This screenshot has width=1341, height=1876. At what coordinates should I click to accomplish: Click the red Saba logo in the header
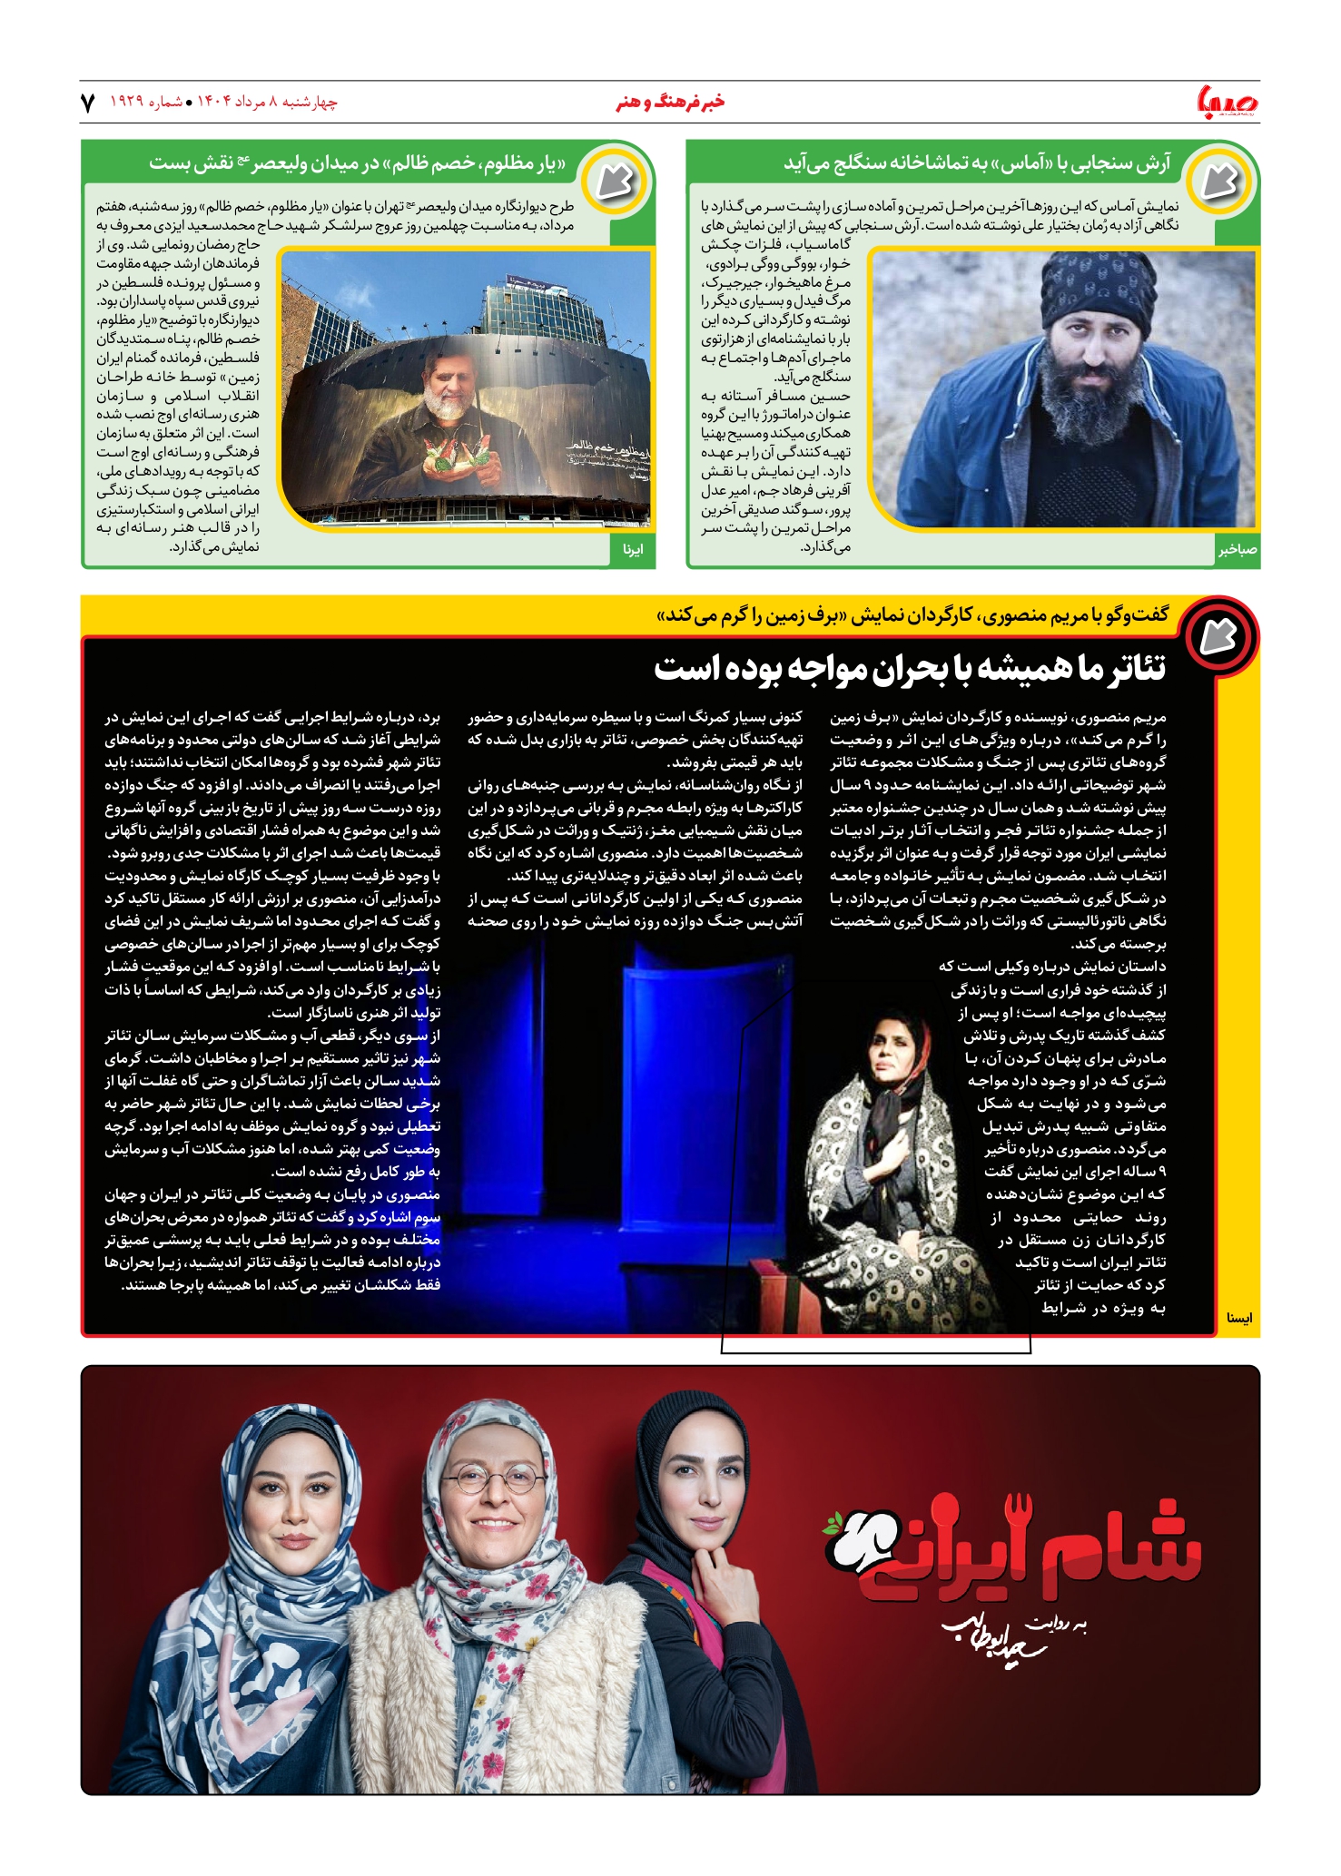coord(1228,102)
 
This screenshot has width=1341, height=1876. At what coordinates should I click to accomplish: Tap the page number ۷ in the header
coord(88,103)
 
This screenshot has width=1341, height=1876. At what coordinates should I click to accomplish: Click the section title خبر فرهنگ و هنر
coord(670,102)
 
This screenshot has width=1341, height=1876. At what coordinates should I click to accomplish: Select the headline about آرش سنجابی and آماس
coord(977,163)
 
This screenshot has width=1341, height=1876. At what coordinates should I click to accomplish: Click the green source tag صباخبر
coord(1237,550)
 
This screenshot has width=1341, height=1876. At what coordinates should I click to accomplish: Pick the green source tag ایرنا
coord(634,550)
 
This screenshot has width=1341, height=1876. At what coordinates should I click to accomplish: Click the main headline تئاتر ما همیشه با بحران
coord(910,669)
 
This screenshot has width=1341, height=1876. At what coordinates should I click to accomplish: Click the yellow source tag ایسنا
coord(1238,1318)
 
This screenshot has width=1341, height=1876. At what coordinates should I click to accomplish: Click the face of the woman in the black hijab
coord(705,1471)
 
